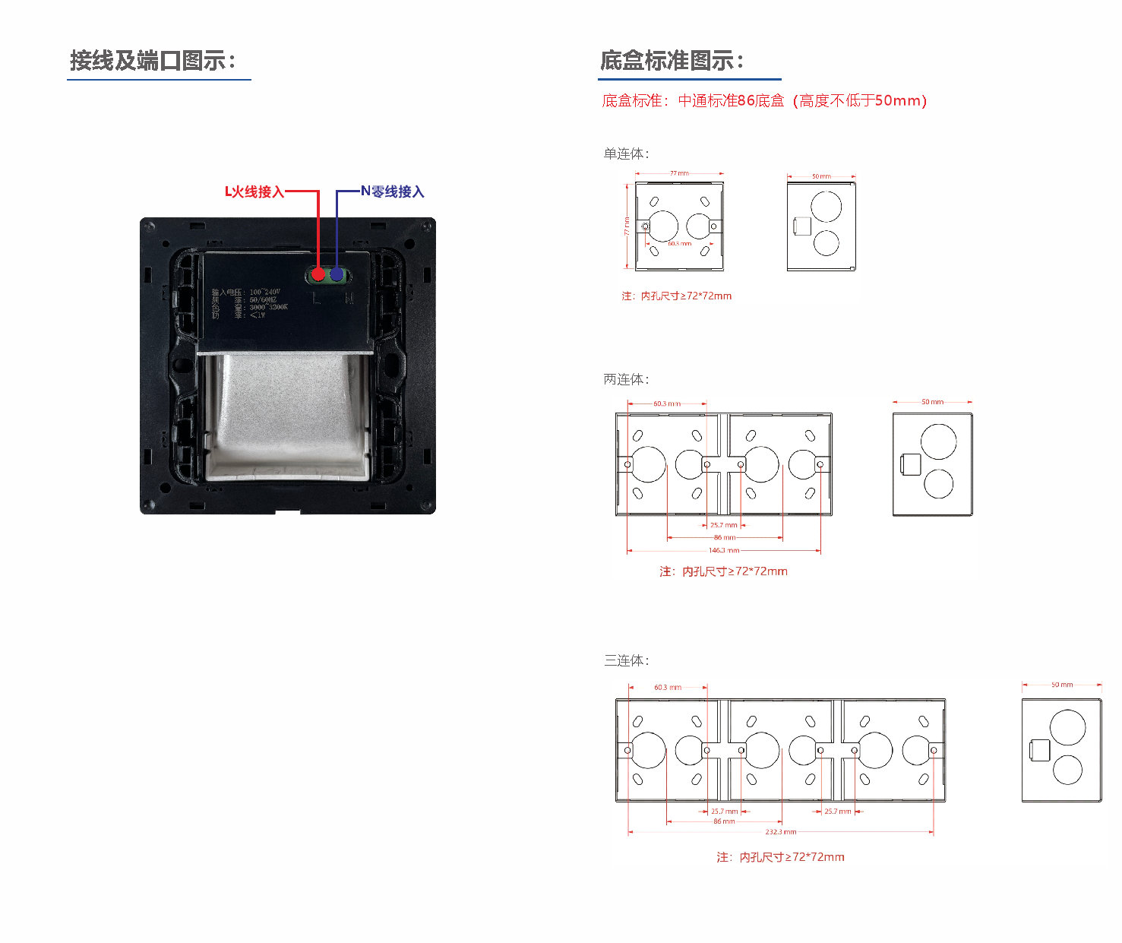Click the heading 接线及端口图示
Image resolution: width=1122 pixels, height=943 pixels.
[x=153, y=61]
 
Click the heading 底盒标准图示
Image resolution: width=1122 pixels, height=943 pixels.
[x=672, y=61]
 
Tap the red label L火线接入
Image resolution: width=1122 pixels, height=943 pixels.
[x=254, y=192]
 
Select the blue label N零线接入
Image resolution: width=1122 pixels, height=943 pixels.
[x=392, y=192]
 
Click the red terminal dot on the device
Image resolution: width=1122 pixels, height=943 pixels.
[x=318, y=274]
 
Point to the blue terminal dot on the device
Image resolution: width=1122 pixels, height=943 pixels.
[x=337, y=274]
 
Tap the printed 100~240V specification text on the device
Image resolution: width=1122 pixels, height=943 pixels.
[x=264, y=292]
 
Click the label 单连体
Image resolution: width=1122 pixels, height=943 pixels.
[x=626, y=154]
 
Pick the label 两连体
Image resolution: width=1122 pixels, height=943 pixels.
[x=626, y=380]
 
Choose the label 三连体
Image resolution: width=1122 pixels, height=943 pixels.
[x=626, y=661]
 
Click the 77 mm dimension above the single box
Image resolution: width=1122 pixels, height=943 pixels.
[x=679, y=174]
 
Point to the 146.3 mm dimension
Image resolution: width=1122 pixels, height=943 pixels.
[x=723, y=550]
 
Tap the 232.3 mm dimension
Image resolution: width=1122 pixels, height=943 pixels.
[x=780, y=832]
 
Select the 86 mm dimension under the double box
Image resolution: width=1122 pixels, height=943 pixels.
[x=724, y=537]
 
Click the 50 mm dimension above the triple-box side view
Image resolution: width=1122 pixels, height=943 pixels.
[x=1062, y=685]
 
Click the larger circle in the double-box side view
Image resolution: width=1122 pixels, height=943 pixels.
[x=938, y=441]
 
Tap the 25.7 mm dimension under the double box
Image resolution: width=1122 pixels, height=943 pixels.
[x=723, y=525]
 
